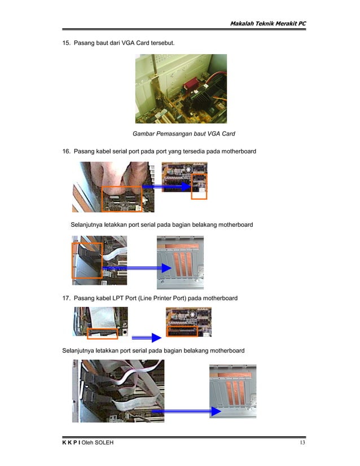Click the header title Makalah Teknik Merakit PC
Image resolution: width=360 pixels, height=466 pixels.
coord(267,23)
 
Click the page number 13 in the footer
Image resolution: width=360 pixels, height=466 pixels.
coord(302,442)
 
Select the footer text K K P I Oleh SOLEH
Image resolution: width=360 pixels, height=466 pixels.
coord(87,442)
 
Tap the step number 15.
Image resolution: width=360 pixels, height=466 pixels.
coord(65,43)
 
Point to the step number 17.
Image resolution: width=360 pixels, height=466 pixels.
coord(65,298)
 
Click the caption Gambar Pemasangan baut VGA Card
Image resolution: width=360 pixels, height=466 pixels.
coord(183,134)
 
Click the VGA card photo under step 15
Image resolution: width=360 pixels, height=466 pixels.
coord(181,89)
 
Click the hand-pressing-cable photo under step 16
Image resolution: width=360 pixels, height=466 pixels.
coord(112,187)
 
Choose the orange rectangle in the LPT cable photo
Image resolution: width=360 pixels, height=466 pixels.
coord(103,333)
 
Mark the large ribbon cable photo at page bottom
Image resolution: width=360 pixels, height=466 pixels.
coord(118,391)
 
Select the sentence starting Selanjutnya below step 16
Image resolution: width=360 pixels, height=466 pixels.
coord(161,225)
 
